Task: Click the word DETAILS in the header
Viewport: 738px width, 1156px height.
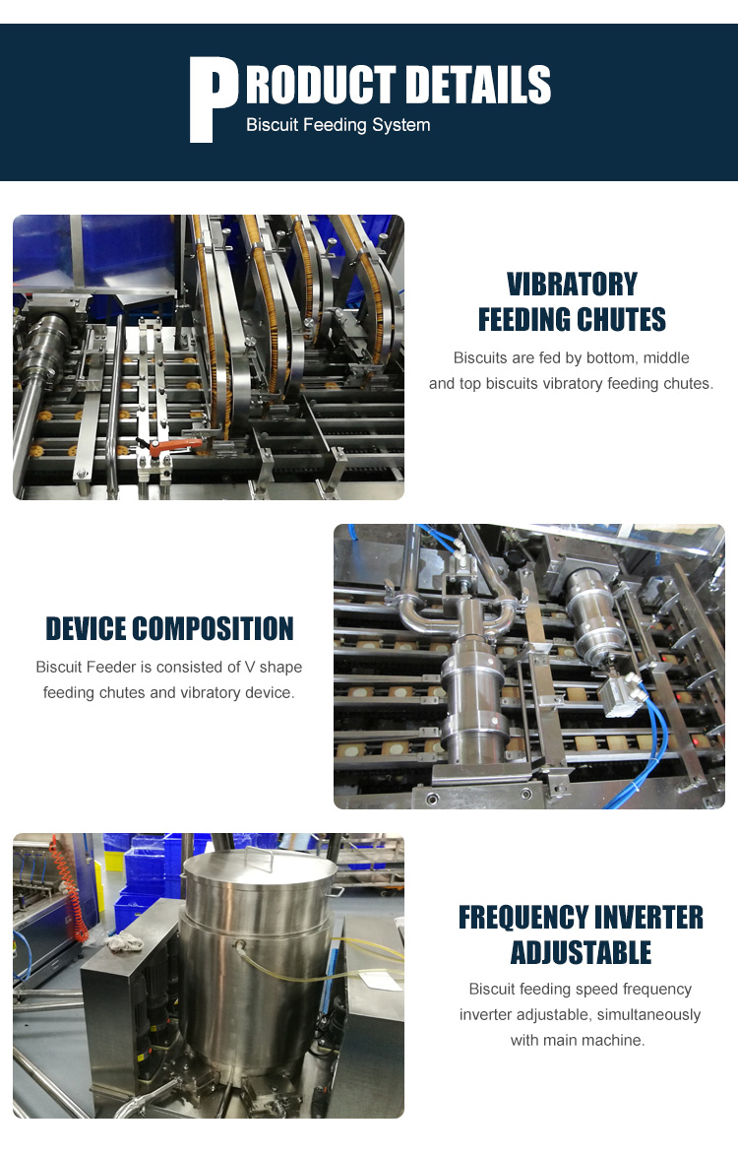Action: pyautogui.click(x=478, y=84)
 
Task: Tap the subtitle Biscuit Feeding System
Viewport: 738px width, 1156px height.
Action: pyautogui.click(x=338, y=125)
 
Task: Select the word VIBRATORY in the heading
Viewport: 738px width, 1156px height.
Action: pyautogui.click(x=572, y=284)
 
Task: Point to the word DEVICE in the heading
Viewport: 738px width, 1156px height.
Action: pyautogui.click(x=87, y=629)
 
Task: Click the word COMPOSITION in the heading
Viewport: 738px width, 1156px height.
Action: pyautogui.click(x=214, y=629)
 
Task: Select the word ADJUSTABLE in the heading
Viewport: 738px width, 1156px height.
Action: pyautogui.click(x=581, y=952)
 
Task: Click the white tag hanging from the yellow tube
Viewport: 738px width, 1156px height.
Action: pyautogui.click(x=380, y=980)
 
